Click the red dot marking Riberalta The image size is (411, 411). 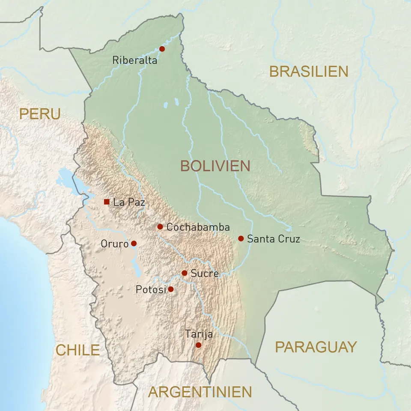pos(162,49)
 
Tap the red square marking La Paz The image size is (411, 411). pos(107,202)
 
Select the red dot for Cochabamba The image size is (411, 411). pos(160,226)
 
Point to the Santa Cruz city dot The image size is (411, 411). pos(241,238)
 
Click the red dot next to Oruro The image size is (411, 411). pos(134,243)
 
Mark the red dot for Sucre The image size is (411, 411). pos(185,273)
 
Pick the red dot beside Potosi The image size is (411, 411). pos(171,289)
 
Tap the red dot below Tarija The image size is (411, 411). pos(198,345)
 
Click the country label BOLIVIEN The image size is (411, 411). pos(215,166)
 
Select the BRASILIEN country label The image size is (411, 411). pos(309,71)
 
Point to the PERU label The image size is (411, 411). pos(40,114)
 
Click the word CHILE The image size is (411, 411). pos(77,350)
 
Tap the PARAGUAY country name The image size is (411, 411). pos(316,347)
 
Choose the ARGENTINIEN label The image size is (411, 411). pos(200,392)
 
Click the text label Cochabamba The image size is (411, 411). pos(198,227)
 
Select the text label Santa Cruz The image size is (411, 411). pos(274,239)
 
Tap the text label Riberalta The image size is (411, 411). pos(134,60)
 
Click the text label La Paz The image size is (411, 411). pos(129,202)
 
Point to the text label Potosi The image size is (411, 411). pos(150,290)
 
